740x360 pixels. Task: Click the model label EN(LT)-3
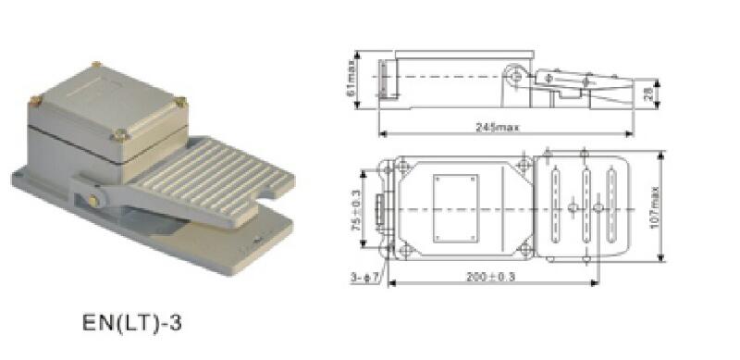click(x=131, y=323)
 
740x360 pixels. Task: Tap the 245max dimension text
click(x=497, y=127)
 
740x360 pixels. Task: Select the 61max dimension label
click(x=351, y=81)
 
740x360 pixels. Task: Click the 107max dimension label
click(x=654, y=207)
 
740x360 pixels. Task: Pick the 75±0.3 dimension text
click(x=356, y=210)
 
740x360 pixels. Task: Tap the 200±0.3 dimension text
click(x=490, y=277)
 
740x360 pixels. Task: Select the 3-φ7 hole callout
click(x=364, y=279)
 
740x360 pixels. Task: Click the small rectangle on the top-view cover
click(x=455, y=208)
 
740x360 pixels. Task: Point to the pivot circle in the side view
click(x=516, y=76)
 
